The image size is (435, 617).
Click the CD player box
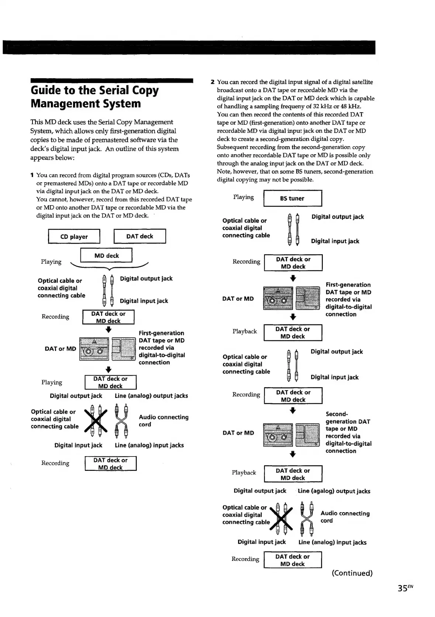click(x=74, y=237)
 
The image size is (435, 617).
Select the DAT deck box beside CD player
click(x=139, y=236)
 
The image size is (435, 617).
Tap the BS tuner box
click(x=292, y=198)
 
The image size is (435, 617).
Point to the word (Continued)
click(x=352, y=573)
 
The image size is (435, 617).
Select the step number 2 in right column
click(x=213, y=82)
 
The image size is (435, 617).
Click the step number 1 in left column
click(x=32, y=175)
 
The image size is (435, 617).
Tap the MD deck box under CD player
click(x=106, y=255)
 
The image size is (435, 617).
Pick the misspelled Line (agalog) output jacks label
click(x=334, y=491)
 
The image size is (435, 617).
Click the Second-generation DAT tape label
click(x=348, y=418)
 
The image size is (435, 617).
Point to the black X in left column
click(x=96, y=421)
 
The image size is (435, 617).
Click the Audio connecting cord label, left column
click(x=163, y=421)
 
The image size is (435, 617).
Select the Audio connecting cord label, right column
click(x=345, y=517)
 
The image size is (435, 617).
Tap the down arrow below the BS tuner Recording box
click(x=293, y=278)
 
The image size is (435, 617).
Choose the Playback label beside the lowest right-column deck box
click(x=244, y=472)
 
